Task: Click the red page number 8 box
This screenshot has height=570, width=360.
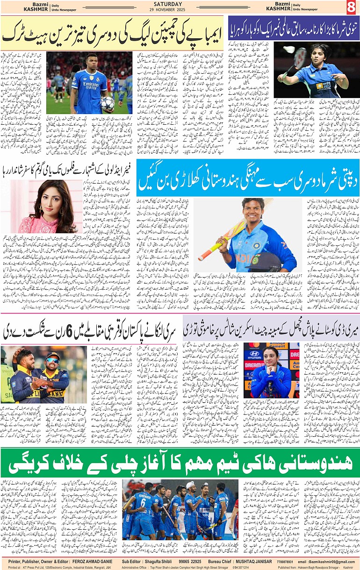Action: (x=352, y=7)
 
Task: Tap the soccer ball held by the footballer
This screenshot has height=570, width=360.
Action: (x=107, y=104)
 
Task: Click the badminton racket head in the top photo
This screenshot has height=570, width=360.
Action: (x=301, y=57)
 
